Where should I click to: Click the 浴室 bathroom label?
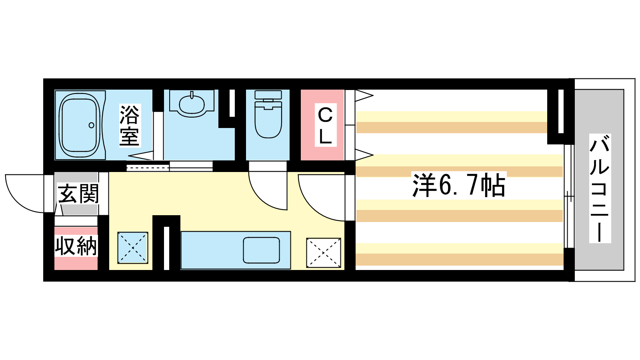pos(130,126)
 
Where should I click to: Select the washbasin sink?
pos(192,104)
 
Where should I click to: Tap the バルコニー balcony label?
pos(600,188)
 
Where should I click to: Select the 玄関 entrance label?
pos(78,194)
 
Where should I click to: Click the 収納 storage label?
pos(76,246)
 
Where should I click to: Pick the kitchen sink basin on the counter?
pos(261,250)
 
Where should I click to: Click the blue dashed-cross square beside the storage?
pos(133,248)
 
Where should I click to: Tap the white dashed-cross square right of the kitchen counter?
pos(324,253)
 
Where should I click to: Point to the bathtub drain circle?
pos(92,125)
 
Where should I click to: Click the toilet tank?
pos(268,95)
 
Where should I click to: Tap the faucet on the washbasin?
pos(192,95)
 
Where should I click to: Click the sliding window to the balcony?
pos(569,196)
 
